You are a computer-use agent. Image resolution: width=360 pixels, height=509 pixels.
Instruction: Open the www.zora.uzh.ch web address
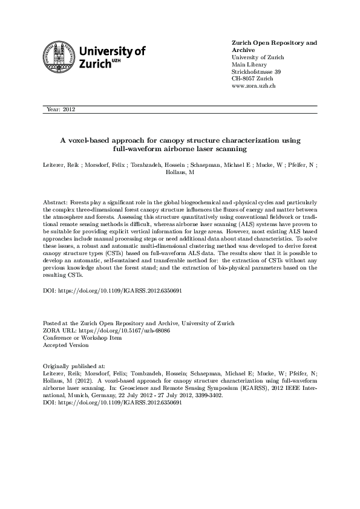pos(254,86)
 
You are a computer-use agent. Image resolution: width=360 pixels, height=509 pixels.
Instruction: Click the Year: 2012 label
pos(61,109)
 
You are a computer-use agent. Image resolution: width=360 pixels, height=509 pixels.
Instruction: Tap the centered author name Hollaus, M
pos(180,172)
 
